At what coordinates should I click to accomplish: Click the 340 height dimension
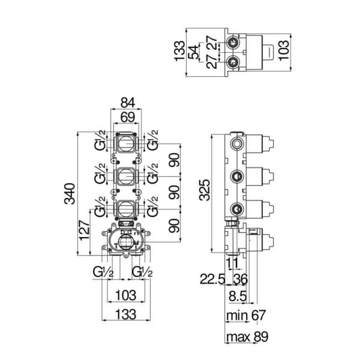pos(70,194)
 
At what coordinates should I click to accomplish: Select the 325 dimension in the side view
pos(205,190)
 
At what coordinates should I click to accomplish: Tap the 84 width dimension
pos(128,103)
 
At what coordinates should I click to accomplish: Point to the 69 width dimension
pos(128,118)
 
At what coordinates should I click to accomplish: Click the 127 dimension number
pos(84,230)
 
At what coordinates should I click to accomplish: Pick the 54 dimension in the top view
pos(193,52)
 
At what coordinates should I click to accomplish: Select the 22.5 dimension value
pos(212,280)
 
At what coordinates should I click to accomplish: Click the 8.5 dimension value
pos(238,296)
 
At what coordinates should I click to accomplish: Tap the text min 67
pos(245,315)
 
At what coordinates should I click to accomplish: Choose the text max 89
pos(247,337)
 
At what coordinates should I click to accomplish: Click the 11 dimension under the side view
pos(232,263)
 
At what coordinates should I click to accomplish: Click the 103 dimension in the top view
pos(284,50)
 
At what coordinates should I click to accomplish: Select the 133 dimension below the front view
pos(126,314)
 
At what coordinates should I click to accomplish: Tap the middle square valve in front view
pos(125,176)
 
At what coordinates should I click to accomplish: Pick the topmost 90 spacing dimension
pos(174,160)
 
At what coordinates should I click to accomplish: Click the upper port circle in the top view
pos(233,42)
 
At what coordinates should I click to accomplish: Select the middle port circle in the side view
pos(236,176)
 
